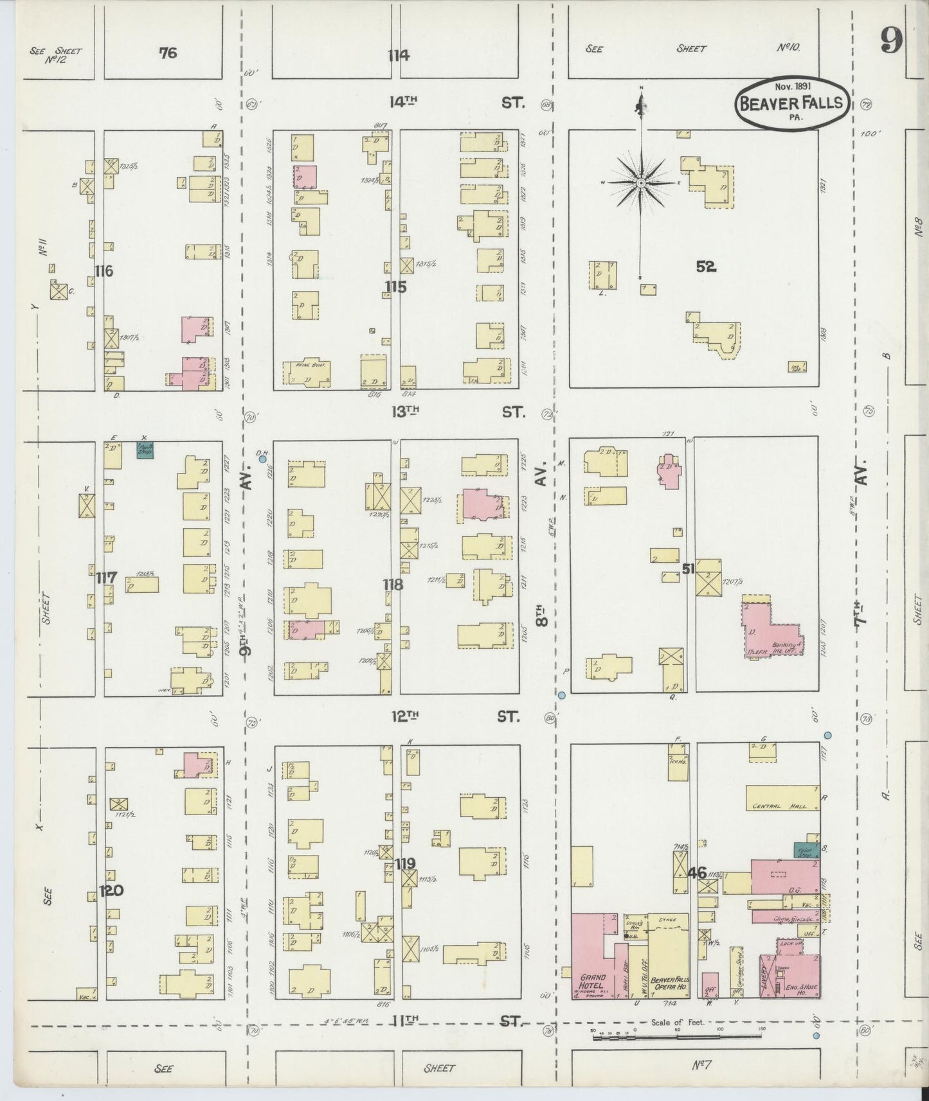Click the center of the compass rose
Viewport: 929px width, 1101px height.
point(641,184)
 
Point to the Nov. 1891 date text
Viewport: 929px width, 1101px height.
point(792,85)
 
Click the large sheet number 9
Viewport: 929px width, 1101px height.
point(892,42)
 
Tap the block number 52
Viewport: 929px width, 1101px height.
point(705,267)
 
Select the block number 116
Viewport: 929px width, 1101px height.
point(103,271)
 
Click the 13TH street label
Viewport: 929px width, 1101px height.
point(404,412)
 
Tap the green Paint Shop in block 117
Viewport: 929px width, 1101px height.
point(145,450)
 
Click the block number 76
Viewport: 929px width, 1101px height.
point(168,53)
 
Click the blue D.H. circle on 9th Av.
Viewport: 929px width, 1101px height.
point(262,459)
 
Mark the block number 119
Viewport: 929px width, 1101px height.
point(406,863)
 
